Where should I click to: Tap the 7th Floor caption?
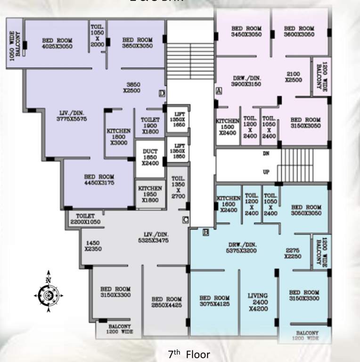coord(189,354)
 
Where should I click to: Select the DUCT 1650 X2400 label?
coord(150,157)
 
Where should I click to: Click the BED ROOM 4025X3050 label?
coord(57,43)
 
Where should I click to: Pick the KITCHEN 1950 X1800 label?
coord(150,191)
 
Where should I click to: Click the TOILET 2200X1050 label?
coord(86,218)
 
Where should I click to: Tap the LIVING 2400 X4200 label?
coord(257,302)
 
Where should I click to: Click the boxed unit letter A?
coord(219,90)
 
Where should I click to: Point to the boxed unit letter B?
coord(205,231)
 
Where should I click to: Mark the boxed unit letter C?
coord(186,219)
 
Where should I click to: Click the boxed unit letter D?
coord(162,93)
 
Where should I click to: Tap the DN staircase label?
coord(266,154)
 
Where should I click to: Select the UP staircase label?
coord(266,172)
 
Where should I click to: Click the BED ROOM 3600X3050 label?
coord(299,32)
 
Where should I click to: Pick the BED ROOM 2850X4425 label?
coord(166,302)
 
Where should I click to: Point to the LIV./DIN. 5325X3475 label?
coord(156,237)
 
